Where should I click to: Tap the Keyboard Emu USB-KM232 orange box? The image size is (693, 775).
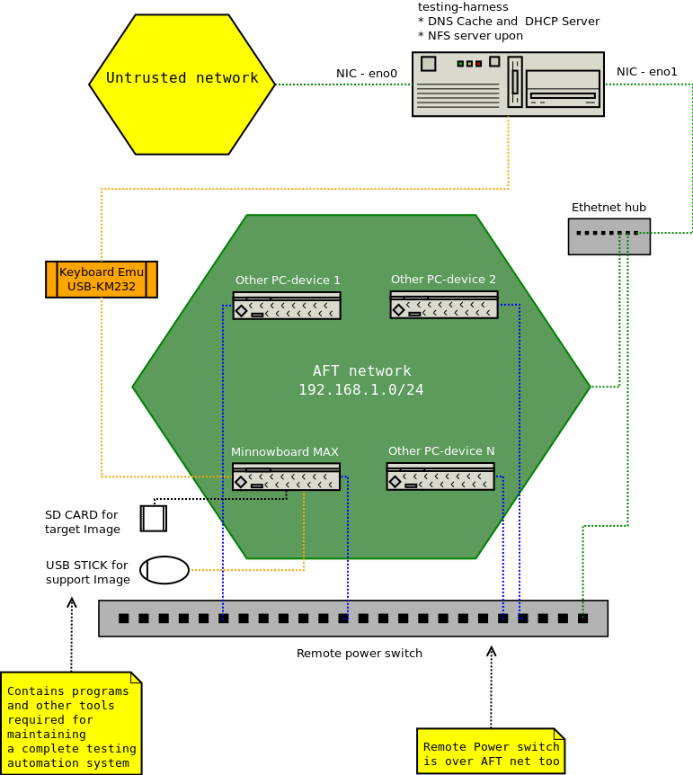click(102, 280)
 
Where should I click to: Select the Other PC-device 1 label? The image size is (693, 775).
click(288, 281)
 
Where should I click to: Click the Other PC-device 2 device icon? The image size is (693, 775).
click(444, 305)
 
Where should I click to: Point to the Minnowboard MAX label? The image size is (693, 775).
click(285, 452)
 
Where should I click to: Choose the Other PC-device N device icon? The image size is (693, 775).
click(440, 477)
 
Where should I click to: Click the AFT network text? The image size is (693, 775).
click(361, 371)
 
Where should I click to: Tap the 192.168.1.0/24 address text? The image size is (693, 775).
click(361, 390)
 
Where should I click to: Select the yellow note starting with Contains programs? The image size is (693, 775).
click(71, 723)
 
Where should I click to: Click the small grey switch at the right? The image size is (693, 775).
click(609, 236)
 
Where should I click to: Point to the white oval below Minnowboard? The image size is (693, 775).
click(164, 570)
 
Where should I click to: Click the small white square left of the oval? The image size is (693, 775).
click(154, 519)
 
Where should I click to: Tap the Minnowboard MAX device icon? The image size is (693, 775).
click(286, 477)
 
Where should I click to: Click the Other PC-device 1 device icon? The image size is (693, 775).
click(287, 306)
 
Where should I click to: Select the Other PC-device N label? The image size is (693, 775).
click(441, 451)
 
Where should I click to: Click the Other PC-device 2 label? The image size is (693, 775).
click(443, 280)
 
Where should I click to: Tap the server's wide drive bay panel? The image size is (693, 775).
click(563, 89)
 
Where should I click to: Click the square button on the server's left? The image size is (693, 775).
click(429, 64)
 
